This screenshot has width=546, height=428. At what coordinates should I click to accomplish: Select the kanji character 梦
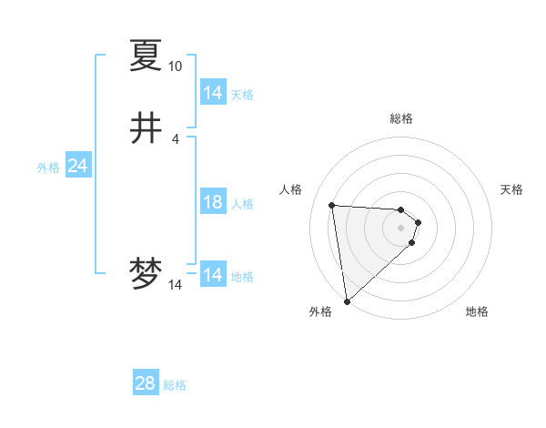[x=147, y=274]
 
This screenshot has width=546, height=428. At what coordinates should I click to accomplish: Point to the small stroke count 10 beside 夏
[x=175, y=66]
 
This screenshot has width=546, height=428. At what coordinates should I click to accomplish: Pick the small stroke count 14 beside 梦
[x=175, y=285]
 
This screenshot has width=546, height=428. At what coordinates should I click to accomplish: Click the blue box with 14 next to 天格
[x=213, y=93]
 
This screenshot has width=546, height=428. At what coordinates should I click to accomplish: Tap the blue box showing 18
[x=213, y=202]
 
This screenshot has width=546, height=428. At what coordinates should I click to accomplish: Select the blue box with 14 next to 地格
[x=213, y=275]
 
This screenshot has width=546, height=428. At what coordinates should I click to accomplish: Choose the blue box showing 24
[x=77, y=166]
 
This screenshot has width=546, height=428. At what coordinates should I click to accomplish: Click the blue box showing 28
[x=146, y=383]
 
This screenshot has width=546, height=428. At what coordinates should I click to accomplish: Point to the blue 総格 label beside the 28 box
[x=175, y=385]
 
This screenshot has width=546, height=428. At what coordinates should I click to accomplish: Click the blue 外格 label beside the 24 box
[x=48, y=168]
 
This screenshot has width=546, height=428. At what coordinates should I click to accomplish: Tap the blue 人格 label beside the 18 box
[x=242, y=204]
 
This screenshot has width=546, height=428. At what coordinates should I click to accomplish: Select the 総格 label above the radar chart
[x=400, y=118]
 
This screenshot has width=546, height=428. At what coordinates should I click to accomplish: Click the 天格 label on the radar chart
[x=512, y=189]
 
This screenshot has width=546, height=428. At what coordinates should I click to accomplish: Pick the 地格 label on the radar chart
[x=477, y=311]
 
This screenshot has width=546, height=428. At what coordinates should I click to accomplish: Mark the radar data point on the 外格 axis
[x=347, y=301]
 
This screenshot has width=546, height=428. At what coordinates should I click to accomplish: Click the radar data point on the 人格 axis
[x=332, y=205]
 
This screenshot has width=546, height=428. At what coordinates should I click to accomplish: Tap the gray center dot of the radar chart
[x=401, y=228]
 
